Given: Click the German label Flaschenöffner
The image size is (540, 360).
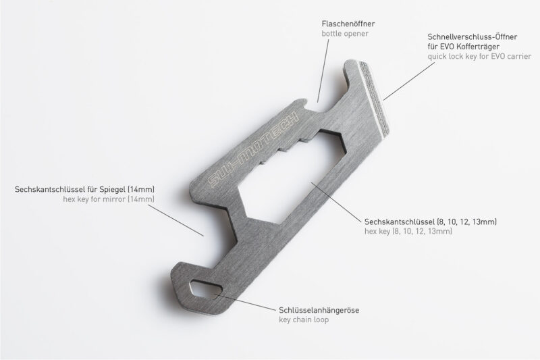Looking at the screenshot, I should coord(348,24).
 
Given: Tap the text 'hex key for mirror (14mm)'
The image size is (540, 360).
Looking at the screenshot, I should coord(109,201).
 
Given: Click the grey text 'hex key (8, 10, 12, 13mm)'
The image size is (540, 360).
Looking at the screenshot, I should coord(408,232).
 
